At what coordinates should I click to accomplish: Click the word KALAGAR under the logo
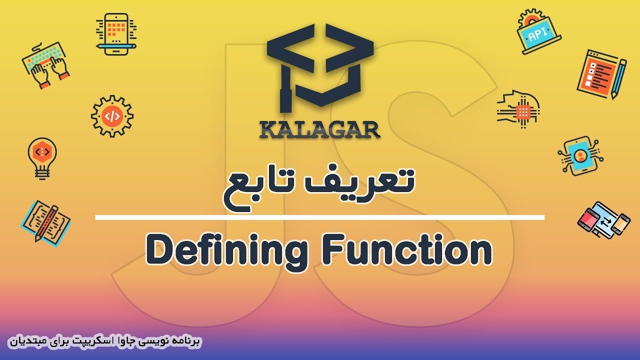tap(319, 130)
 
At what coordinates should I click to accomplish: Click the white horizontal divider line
tap(319, 217)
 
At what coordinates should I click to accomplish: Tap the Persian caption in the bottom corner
tap(105, 341)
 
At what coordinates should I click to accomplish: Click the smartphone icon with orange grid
tap(116, 34)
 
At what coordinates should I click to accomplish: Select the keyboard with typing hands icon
tap(45, 65)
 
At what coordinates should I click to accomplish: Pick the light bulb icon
tap(42, 158)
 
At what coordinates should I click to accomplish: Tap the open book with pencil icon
tap(45, 223)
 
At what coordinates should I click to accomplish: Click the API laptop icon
tap(538, 31)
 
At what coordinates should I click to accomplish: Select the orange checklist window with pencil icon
tap(601, 74)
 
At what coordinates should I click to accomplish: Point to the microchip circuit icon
tap(518, 109)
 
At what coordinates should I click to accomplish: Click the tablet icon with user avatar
tap(580, 156)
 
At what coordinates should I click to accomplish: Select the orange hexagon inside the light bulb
tap(42, 152)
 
